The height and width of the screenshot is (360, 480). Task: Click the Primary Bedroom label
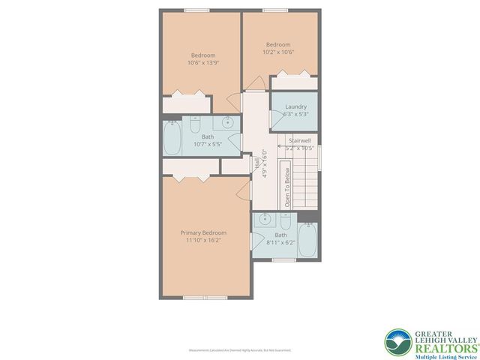pos(203,232)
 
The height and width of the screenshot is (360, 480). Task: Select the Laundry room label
pos(295,106)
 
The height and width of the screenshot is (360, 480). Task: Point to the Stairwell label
pos(299,140)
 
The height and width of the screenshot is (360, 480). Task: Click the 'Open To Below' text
pos(287,187)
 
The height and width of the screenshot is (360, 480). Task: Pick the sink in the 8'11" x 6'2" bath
pos(265,220)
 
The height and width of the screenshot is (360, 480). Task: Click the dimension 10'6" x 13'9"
pos(203,64)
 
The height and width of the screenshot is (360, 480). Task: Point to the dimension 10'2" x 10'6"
pos(277,52)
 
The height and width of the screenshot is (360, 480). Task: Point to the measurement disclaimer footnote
pos(239,350)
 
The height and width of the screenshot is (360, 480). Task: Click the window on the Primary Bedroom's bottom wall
pos(205,298)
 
